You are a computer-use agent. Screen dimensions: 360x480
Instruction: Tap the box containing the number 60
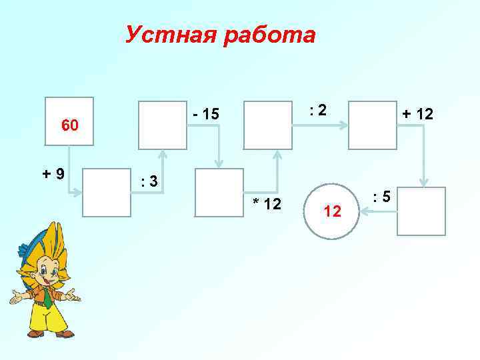(x=69, y=124)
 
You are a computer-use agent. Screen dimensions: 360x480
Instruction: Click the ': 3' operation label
(x=149, y=181)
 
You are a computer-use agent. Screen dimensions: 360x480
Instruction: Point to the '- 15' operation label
(x=205, y=115)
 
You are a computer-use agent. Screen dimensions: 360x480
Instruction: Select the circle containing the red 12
(x=332, y=211)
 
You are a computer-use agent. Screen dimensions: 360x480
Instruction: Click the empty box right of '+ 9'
(x=107, y=193)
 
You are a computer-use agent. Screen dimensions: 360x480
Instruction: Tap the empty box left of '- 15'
(x=162, y=125)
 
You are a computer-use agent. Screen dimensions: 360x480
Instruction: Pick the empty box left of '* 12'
(x=219, y=193)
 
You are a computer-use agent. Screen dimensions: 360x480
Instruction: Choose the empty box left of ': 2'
(x=269, y=125)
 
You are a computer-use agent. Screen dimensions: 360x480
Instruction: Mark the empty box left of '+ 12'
(x=373, y=125)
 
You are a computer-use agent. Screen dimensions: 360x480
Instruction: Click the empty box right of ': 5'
(x=421, y=211)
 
